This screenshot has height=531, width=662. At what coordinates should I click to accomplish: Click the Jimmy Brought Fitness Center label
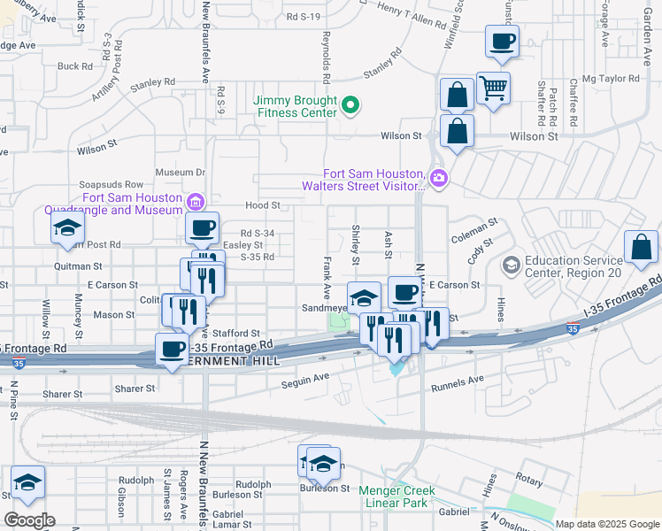click(296, 106)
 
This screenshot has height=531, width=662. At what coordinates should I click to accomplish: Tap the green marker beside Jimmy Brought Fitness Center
click(350, 106)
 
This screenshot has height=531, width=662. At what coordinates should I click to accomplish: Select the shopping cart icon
click(493, 87)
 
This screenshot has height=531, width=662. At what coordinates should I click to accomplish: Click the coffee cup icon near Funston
click(502, 40)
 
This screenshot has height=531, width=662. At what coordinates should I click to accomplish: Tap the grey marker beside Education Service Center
click(510, 265)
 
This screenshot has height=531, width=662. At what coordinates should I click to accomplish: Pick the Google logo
click(29, 520)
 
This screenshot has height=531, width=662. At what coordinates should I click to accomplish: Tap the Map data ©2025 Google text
click(607, 524)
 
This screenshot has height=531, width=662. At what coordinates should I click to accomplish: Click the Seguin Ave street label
click(305, 382)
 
